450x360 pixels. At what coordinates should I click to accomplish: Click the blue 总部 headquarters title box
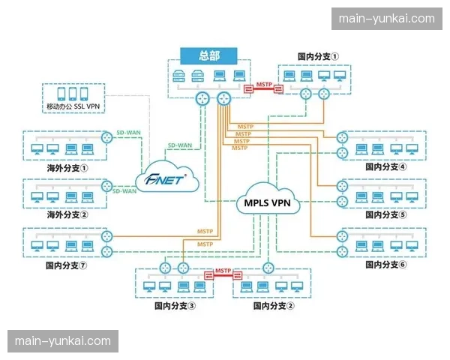pyautogui.click(x=208, y=56)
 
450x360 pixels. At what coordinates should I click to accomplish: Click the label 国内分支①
pyautogui.click(x=318, y=56)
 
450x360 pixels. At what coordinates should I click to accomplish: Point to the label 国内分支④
pyautogui.click(x=385, y=167)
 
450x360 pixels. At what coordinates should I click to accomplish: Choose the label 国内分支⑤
pyautogui.click(x=385, y=214)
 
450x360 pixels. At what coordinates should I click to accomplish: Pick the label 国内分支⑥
pyautogui.click(x=385, y=264)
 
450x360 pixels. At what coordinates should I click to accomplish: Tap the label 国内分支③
pyautogui.click(x=175, y=305)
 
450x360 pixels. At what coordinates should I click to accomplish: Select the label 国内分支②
pyautogui.click(x=274, y=305)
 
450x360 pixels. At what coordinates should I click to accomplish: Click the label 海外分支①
pyautogui.click(x=67, y=168)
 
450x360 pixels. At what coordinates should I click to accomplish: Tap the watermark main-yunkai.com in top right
pyautogui.click(x=386, y=19)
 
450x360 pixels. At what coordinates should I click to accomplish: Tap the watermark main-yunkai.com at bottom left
pyautogui.click(x=63, y=341)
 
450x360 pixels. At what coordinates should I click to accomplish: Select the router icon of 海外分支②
pyautogui.click(x=107, y=186)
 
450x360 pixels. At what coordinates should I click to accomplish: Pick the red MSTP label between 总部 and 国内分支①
pyautogui.click(x=263, y=85)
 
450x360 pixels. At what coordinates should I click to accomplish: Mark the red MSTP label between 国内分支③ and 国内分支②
pyautogui.click(x=223, y=270)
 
